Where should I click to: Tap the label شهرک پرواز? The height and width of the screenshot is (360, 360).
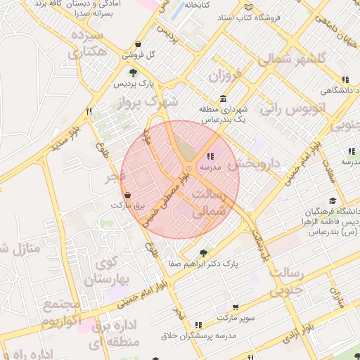coord(150,103)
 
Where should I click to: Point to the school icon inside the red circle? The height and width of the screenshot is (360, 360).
coord(210,156)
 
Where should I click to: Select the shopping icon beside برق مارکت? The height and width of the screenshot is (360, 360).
coord(127,195)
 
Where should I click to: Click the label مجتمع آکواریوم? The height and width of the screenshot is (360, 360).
coord(62,314)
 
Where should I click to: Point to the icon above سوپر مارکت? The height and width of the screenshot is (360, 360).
coord(235,307)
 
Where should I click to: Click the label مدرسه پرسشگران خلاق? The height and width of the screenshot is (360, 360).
coord(200,335)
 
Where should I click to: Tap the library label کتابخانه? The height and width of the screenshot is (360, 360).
coord(198,5)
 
